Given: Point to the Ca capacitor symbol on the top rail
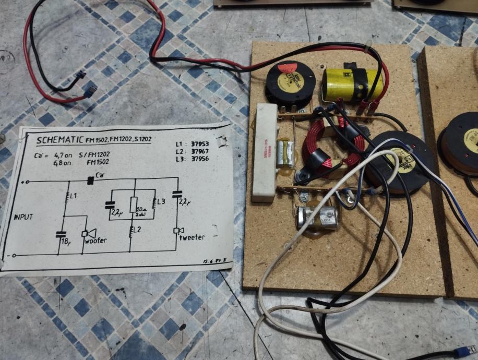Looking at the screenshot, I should point(90,181).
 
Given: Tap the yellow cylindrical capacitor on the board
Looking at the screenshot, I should point(352,83).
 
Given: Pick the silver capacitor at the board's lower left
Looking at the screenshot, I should point(315,217).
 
